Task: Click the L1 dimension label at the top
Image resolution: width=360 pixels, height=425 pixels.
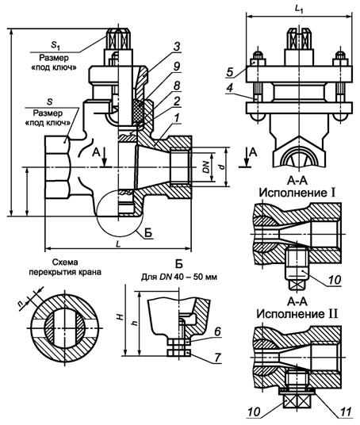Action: pyautogui.click(x=299, y=7)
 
